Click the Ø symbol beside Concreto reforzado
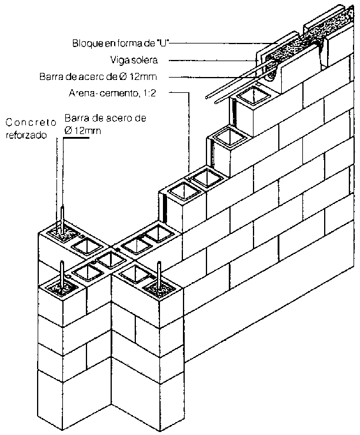(69, 130)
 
